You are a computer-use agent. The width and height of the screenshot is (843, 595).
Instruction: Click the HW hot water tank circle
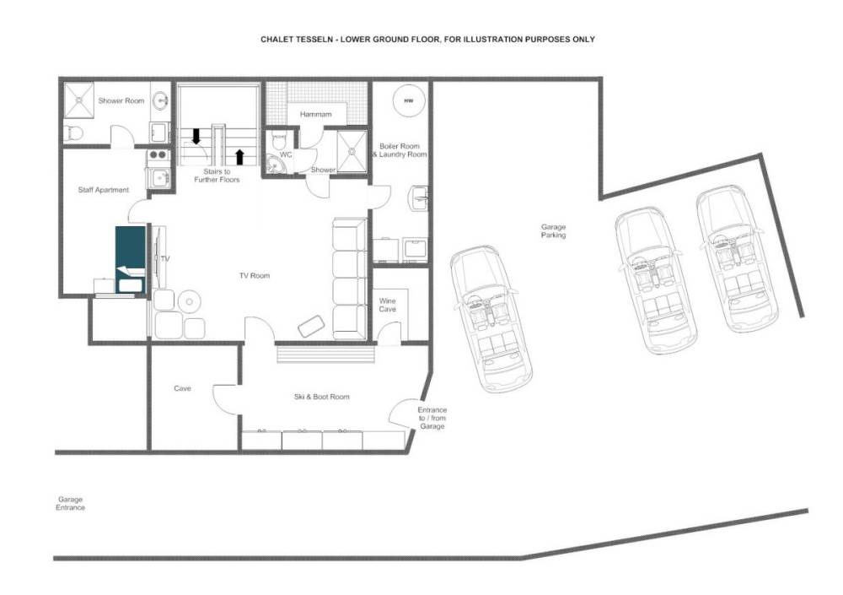(409, 100)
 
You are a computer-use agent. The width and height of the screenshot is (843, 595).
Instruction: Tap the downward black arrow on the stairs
(196, 136)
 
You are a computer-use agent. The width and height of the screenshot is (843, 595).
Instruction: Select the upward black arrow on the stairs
(239, 157)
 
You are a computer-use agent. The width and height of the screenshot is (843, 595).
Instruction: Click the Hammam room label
(315, 114)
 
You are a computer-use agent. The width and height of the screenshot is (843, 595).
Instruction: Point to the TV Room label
(255, 276)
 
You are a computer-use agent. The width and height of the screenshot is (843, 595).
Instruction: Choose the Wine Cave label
(387, 305)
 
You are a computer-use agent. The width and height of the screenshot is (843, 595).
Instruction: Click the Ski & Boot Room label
(321, 397)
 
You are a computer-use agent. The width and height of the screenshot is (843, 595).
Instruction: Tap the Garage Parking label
(553, 231)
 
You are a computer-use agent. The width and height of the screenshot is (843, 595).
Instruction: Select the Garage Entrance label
(71, 504)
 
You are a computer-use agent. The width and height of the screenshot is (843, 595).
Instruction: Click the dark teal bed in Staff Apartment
(131, 260)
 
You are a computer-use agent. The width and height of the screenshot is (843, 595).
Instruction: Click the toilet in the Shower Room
(73, 133)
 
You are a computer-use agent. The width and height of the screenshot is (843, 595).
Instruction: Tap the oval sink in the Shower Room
(159, 100)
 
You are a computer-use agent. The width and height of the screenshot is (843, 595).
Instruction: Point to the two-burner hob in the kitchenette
(158, 155)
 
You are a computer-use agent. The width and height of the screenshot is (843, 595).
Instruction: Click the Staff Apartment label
(103, 190)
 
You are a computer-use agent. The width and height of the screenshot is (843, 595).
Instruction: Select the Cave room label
(182, 388)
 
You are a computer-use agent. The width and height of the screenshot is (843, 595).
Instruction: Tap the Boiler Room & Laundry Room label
(400, 150)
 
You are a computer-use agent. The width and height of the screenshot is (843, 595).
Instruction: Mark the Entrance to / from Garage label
(432, 418)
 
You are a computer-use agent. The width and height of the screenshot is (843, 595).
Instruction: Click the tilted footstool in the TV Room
(311, 326)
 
